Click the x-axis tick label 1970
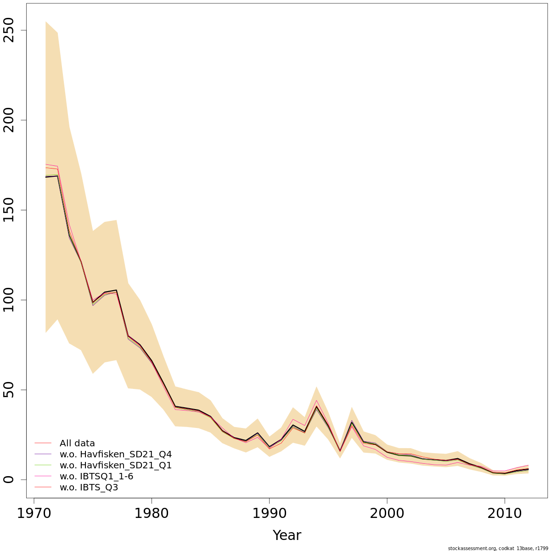click(x=34, y=513)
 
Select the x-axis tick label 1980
click(x=152, y=513)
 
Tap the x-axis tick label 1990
click(x=270, y=513)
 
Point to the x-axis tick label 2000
click(x=387, y=513)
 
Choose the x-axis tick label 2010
click(x=505, y=513)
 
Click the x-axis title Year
click(x=287, y=535)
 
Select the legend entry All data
click(x=77, y=444)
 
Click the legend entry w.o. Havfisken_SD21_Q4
click(x=115, y=455)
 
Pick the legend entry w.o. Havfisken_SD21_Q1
click(x=115, y=466)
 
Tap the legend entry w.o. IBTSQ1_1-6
click(x=96, y=477)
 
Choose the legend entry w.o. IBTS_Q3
click(x=89, y=488)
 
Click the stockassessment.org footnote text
click(x=498, y=548)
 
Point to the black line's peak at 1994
click(x=316, y=406)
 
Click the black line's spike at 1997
click(x=352, y=422)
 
